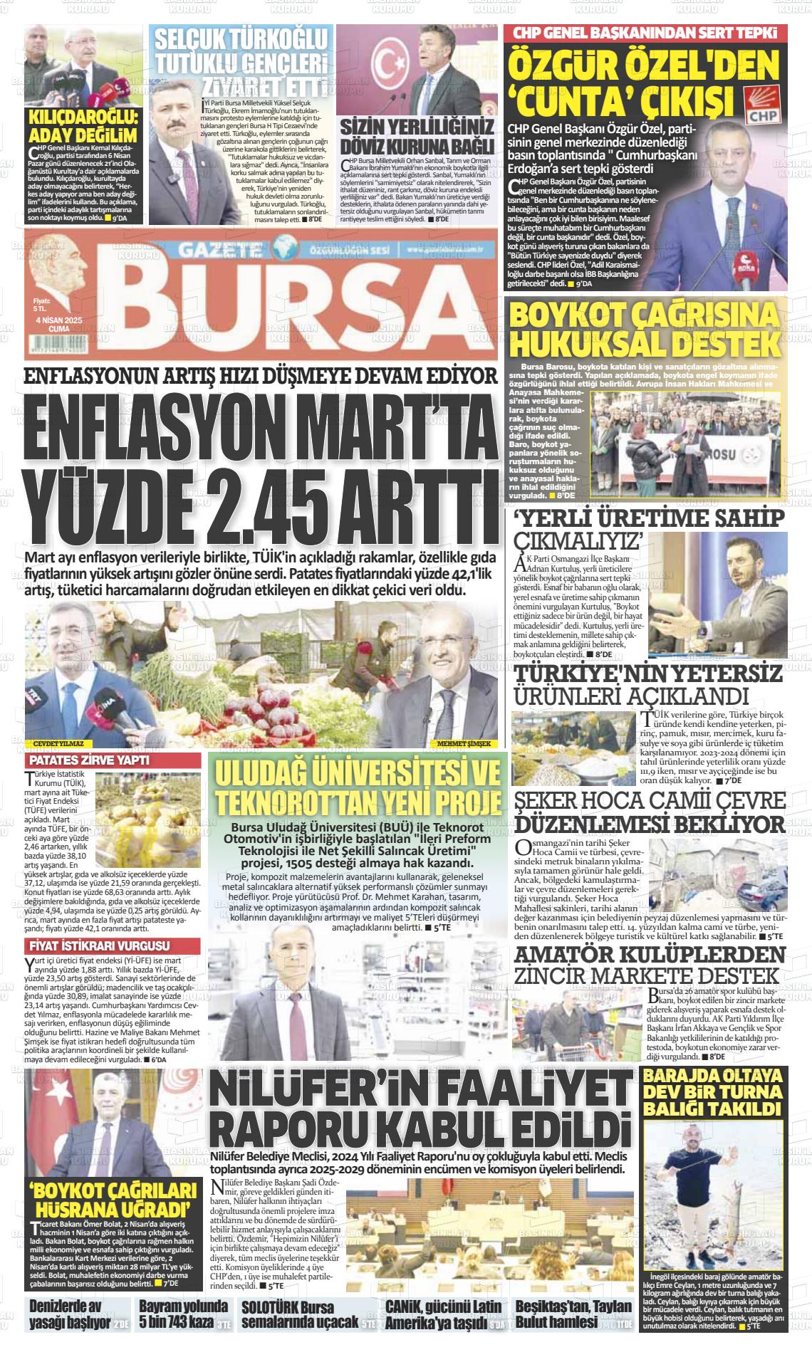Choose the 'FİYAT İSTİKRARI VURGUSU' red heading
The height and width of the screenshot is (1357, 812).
[98, 946]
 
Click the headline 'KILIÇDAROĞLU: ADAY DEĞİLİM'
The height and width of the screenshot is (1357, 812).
[84, 126]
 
